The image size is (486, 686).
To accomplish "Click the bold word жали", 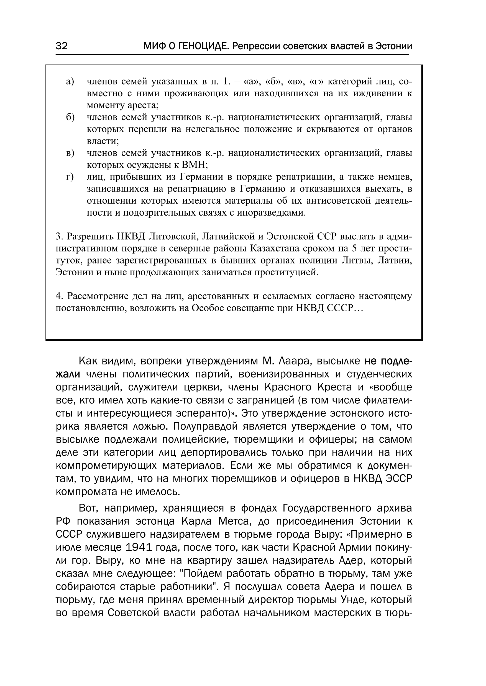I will tap(68, 374).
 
